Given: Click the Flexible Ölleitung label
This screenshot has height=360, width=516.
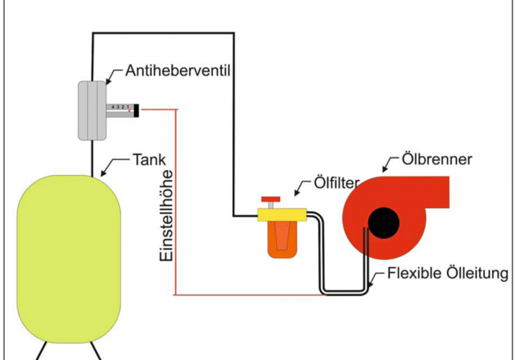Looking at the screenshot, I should point(448,274).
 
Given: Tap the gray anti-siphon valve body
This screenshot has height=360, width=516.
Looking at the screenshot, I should point(91,109).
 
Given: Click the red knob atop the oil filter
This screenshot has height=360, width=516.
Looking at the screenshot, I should point(271,199).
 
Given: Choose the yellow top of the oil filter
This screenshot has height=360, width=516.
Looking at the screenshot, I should point(282,214).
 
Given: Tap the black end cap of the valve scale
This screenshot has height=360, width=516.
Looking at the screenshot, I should point(135,109).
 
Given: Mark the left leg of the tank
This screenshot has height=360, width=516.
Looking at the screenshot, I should point(41,349).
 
